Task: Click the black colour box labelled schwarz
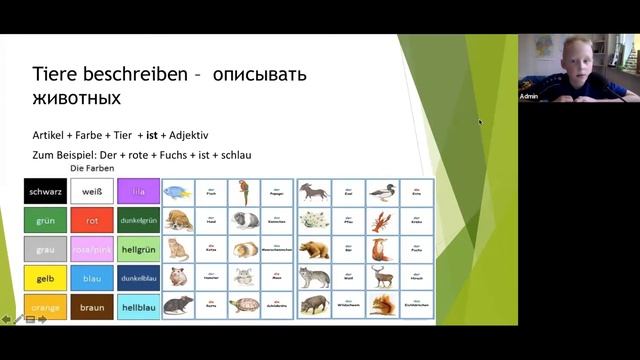click(45, 191)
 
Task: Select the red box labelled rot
click(92, 220)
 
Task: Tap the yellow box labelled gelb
click(45, 278)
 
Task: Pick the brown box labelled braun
click(92, 307)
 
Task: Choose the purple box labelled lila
click(138, 191)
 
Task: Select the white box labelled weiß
click(92, 191)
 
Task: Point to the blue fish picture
click(178, 192)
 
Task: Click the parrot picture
click(244, 192)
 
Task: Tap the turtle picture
click(244, 305)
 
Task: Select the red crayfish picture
click(381, 220)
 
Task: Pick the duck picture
click(381, 192)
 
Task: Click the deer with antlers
click(381, 277)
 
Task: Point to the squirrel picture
click(381, 305)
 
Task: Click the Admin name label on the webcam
click(529, 96)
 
